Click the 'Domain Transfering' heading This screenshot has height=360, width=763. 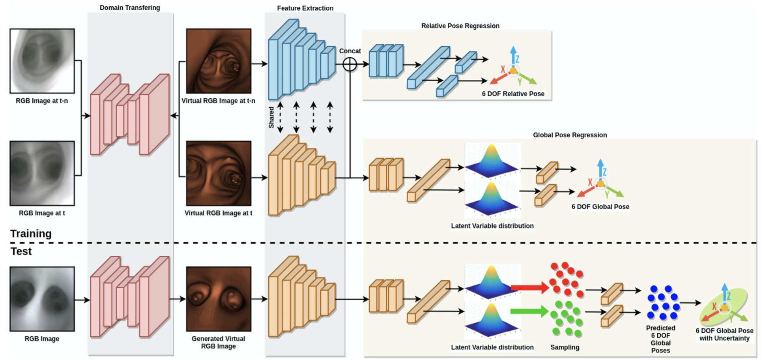pos(130,7)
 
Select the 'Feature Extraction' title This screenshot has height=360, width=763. pos(305,8)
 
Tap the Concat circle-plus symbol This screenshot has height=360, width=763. pos(350,64)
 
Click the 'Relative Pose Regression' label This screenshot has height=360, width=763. pos(460,26)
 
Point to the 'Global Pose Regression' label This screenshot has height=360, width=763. pos(570,135)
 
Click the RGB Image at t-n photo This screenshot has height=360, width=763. pos(42,61)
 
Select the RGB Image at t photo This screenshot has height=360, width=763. pos(42,173)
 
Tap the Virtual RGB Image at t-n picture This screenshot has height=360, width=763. pos(219,61)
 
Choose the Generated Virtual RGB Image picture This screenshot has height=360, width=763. pos(219,299)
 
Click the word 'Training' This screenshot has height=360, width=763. pos(31,234)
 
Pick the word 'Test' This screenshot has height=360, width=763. pos(21,251)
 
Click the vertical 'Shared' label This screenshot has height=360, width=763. pos(271,117)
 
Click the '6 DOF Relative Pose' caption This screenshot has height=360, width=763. pos(513,94)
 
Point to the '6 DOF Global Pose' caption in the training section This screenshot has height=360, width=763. pos(600,207)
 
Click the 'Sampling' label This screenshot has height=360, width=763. pos(565,347)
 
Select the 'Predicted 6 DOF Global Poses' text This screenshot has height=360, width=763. pos(660,339)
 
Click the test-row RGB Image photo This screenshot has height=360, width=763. pos(42,299)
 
